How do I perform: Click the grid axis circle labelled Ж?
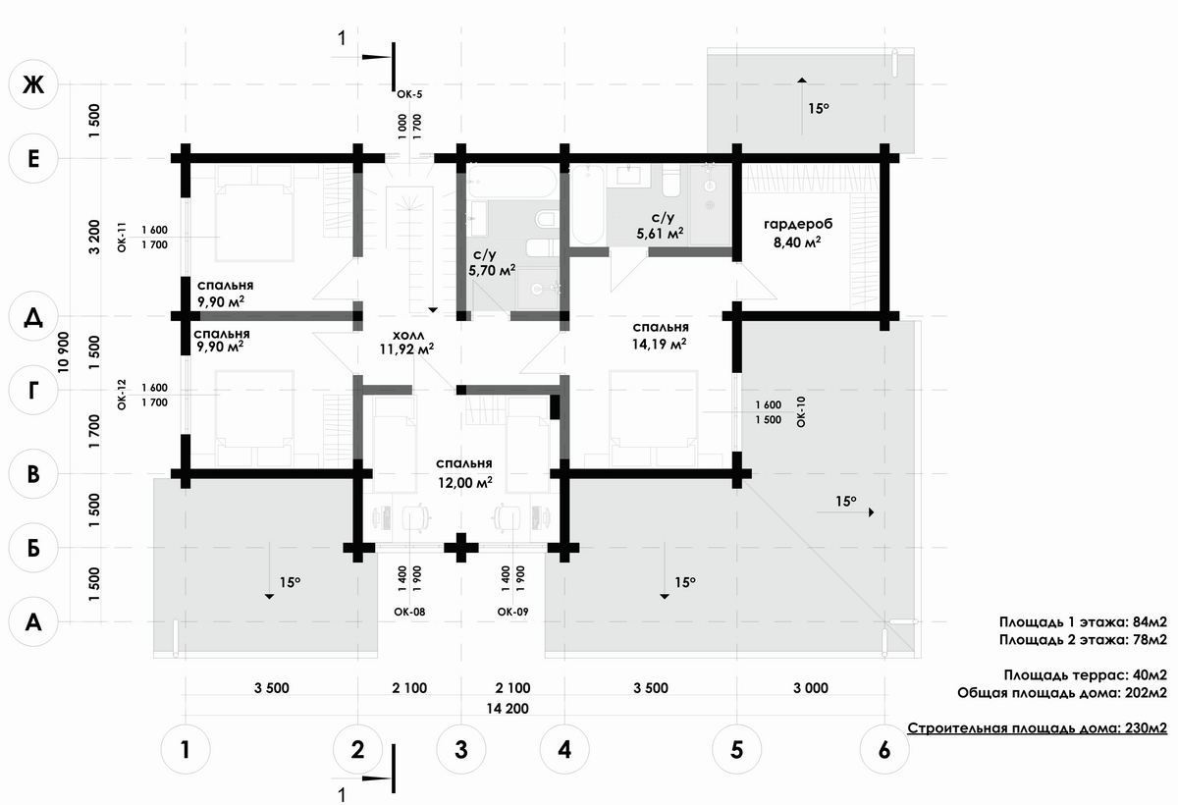[x=33, y=85]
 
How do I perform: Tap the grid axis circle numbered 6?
[x=884, y=750]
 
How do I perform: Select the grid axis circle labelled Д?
[x=33, y=318]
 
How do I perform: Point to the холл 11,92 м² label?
[x=407, y=340]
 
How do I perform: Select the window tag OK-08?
[x=410, y=612]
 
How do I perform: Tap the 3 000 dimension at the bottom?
[x=811, y=687]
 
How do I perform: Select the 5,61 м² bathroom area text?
[x=661, y=234]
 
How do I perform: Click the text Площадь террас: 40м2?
[x=1085, y=675]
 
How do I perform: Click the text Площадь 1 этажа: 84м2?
[x=1083, y=622]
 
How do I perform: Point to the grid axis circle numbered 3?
[x=460, y=750]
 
